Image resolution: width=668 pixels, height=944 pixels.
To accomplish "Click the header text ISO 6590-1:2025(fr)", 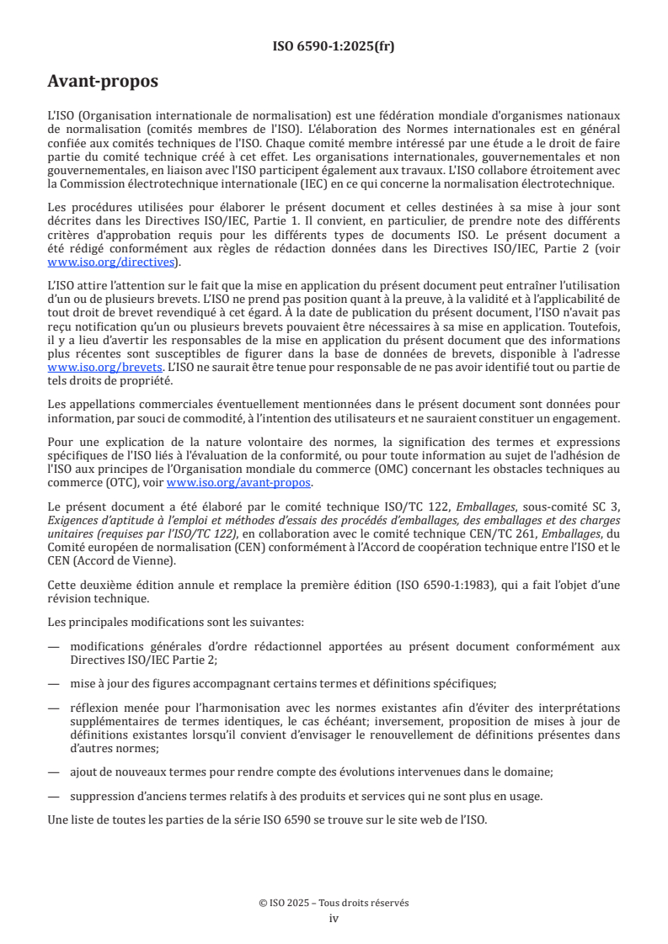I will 334,46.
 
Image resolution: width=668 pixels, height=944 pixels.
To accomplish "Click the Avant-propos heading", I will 103,82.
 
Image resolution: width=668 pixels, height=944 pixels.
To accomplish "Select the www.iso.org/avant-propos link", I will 239,483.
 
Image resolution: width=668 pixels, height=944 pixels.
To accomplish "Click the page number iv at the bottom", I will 334,918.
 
